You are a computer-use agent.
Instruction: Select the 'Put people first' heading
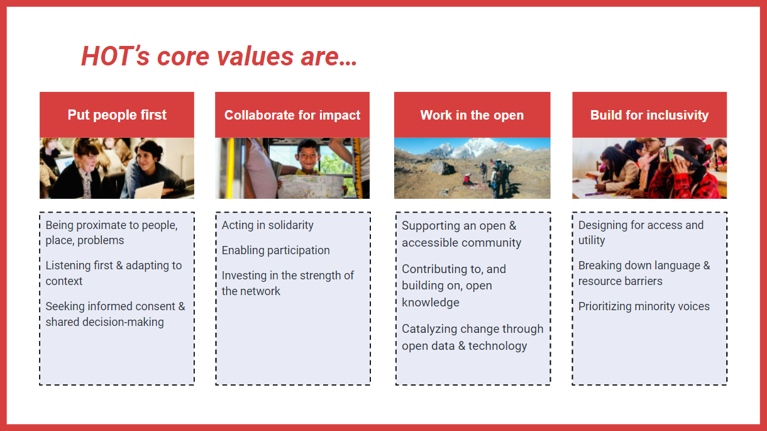(117, 115)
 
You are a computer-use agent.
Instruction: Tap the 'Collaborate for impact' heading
(292, 115)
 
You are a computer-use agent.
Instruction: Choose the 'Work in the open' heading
(472, 115)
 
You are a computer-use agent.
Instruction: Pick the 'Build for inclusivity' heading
(649, 115)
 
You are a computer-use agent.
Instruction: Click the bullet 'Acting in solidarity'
(267, 225)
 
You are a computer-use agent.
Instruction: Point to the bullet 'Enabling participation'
(275, 250)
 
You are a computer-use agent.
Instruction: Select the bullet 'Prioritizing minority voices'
(644, 306)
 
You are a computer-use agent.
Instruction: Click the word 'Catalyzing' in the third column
(430, 329)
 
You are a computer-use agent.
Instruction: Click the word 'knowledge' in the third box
(431, 303)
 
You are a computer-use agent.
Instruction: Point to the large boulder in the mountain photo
(443, 168)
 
